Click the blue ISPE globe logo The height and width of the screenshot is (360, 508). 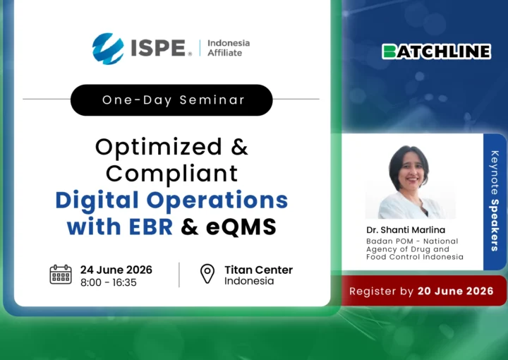point(108,49)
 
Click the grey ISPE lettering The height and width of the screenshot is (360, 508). point(159,48)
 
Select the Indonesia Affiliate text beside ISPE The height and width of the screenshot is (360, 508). point(229,48)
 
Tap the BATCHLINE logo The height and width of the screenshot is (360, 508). point(437,52)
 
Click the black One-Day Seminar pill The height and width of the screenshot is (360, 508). point(171,100)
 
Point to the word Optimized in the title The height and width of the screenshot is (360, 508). point(159,148)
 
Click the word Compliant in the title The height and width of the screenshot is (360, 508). point(172,174)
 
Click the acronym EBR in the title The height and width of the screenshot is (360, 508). point(151,227)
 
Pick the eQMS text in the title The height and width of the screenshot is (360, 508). point(241,227)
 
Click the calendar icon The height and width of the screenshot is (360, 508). point(61,275)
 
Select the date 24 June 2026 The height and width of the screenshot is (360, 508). point(116,270)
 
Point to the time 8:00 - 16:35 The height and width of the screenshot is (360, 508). point(109,282)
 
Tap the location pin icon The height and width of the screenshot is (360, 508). point(207,274)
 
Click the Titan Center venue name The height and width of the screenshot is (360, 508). point(258,270)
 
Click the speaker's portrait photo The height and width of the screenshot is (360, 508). point(411,182)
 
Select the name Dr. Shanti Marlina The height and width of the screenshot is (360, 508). point(406,230)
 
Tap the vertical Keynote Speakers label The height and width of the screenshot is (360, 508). point(495,201)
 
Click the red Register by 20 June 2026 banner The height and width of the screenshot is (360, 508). point(424,291)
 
